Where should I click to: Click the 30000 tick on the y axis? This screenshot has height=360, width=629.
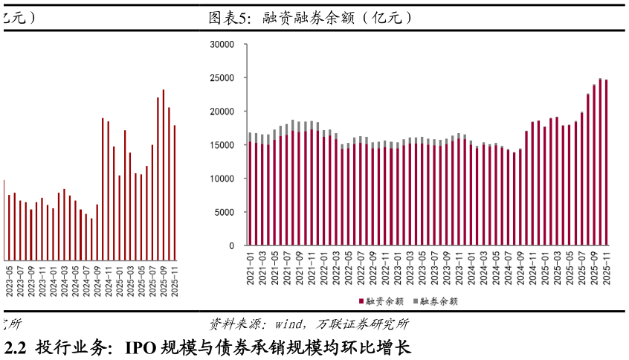(x=222, y=45)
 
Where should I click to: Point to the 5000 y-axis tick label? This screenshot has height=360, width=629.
(x=225, y=212)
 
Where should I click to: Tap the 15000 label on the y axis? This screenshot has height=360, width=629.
(x=222, y=145)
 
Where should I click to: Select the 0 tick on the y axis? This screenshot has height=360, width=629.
(x=231, y=246)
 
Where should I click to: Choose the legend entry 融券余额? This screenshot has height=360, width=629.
(x=439, y=301)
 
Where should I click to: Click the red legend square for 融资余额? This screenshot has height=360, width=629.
(x=362, y=301)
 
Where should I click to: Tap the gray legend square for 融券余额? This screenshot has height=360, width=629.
(x=416, y=301)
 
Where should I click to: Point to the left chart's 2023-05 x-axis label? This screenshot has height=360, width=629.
(x=9, y=283)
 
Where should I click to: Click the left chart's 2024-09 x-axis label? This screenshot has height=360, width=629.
(x=97, y=283)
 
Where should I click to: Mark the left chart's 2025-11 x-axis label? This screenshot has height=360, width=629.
(x=175, y=283)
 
